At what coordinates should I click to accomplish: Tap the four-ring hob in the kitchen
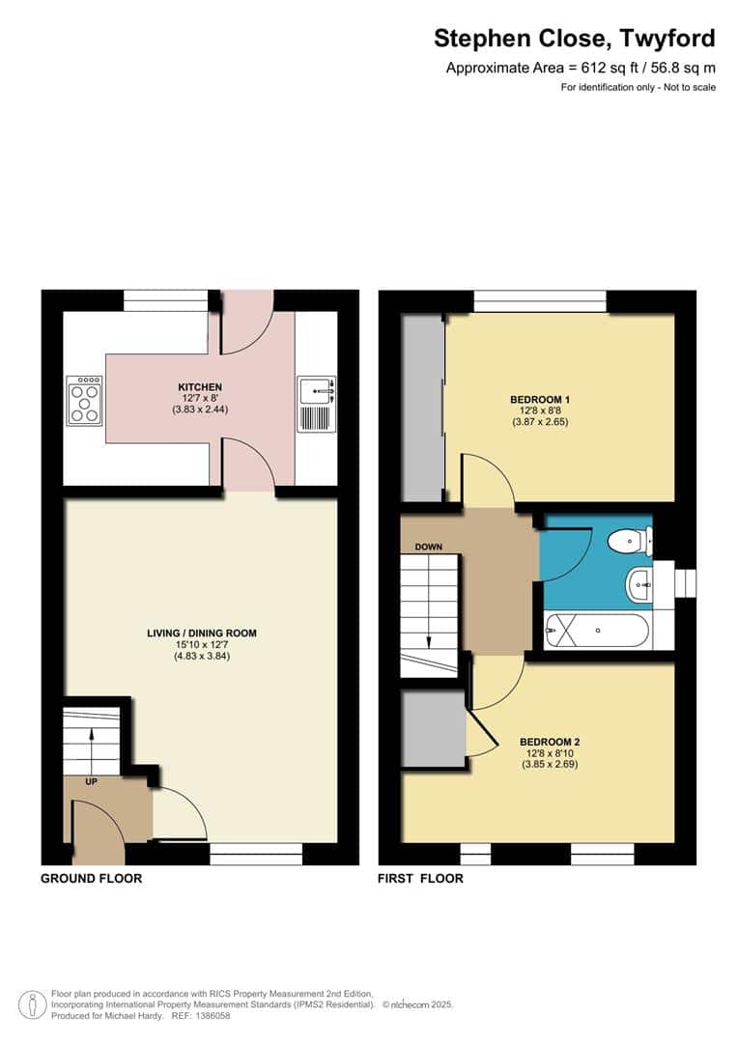[84, 400]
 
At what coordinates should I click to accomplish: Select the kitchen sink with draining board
[317, 404]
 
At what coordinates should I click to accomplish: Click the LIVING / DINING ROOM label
[201, 634]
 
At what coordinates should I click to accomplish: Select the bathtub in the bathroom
[597, 632]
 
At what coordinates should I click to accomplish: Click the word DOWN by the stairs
[428, 548]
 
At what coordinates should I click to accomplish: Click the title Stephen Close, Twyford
[574, 39]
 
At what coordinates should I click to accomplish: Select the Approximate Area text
[580, 68]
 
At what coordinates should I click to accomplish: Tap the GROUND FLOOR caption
[91, 879]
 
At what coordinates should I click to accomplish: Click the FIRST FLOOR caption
[421, 879]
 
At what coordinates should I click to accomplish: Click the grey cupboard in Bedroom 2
[433, 727]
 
